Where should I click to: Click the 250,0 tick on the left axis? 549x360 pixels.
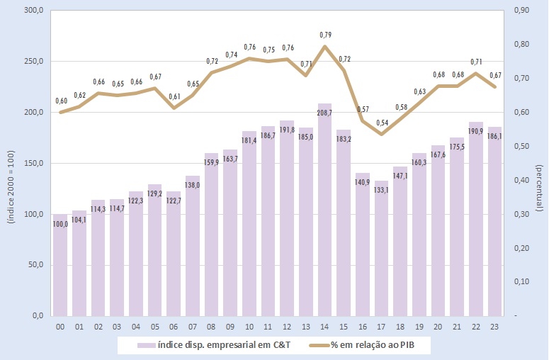[x=34, y=62]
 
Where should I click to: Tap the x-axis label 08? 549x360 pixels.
[x=211, y=328]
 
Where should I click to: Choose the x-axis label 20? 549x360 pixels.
[x=438, y=328]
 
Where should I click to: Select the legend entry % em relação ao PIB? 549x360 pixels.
[x=373, y=345]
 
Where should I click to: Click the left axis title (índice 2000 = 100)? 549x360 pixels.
[x=11, y=180]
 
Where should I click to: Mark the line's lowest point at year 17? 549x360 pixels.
[x=382, y=134]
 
